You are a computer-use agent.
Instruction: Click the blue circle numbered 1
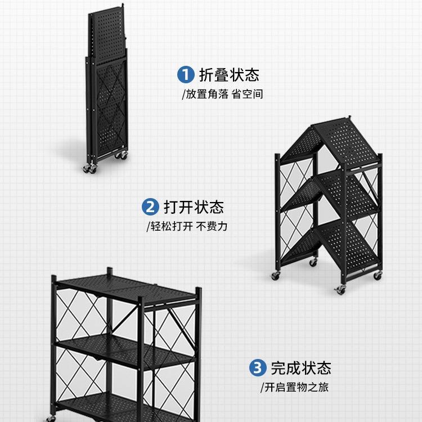[x=185, y=74]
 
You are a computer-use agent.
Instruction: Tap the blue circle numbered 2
[x=150, y=207]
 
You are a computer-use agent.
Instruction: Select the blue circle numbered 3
[x=257, y=369]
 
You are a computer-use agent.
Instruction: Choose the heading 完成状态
[x=301, y=369]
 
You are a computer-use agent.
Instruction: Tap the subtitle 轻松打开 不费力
[x=187, y=227]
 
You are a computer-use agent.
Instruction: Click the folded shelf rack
[x=107, y=90]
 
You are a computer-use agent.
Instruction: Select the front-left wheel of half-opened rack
[x=276, y=276]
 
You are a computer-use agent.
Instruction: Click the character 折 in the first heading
[x=205, y=75]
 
